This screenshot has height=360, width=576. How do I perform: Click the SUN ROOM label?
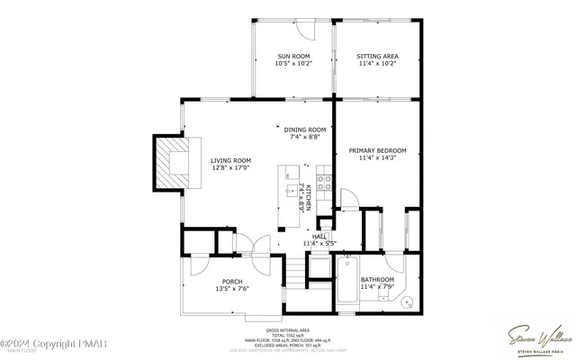click(x=292, y=57)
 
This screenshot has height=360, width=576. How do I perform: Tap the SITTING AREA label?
click(x=377, y=57)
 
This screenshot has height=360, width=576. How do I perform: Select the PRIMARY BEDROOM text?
click(x=377, y=150)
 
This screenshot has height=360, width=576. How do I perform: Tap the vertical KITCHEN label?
click(x=307, y=197)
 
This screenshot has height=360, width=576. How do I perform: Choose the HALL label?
click(x=319, y=236)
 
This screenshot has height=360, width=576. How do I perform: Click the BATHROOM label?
click(x=377, y=280)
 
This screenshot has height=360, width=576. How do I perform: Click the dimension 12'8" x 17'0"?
click(x=230, y=168)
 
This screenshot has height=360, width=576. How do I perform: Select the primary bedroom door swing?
click(x=349, y=201)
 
